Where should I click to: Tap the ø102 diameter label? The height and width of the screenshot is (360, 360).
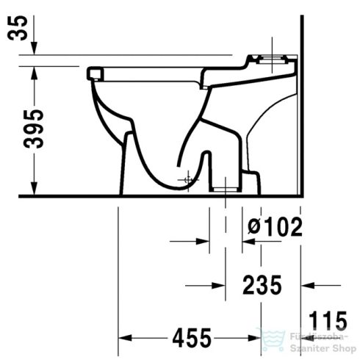pyautogui.click(x=274, y=227)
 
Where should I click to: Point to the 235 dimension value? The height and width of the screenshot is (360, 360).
pyautogui.click(x=263, y=284)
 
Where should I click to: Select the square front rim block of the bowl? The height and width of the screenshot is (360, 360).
pyautogui.click(x=92, y=72)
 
